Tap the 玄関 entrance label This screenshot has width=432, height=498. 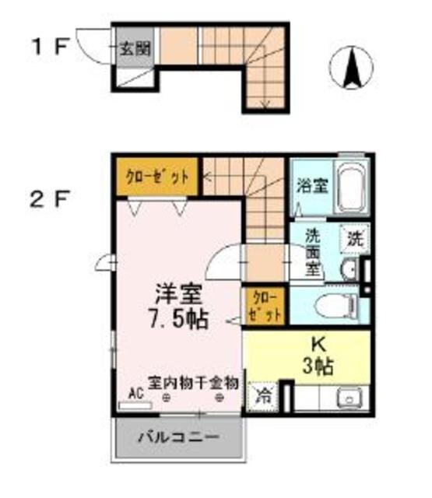pos(134,48)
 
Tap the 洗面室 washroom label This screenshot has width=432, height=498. pos(312,251)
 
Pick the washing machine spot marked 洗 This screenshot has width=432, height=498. pos(354,238)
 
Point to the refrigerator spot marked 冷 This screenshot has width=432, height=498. pos(264,395)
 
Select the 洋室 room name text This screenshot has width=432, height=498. pos(178,296)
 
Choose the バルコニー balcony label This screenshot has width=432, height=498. pos(178,437)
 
